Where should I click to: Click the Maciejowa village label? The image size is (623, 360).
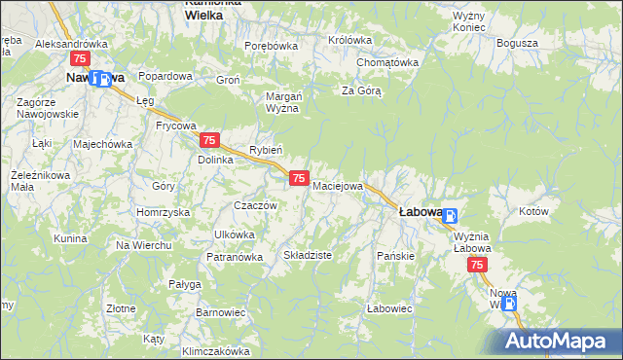coord(338,185)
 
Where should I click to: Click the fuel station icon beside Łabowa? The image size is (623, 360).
coord(450,217)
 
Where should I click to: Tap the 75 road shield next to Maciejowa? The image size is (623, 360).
coord(300,178)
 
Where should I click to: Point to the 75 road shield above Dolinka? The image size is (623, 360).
coord(214,141)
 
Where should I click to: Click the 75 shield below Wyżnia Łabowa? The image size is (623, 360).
coord(477,265)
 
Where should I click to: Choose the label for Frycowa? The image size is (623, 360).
coord(176,126)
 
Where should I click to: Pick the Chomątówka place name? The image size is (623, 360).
coord(386,62)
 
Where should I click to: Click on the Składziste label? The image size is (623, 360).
coord(308,255)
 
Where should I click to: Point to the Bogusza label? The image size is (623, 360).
coord(517,44)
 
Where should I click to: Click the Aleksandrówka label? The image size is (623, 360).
coord(70,44)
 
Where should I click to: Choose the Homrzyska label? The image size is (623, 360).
coord(163,212)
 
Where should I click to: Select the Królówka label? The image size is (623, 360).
coord(350,40)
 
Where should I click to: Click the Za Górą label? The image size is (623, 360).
coord(360,91)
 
